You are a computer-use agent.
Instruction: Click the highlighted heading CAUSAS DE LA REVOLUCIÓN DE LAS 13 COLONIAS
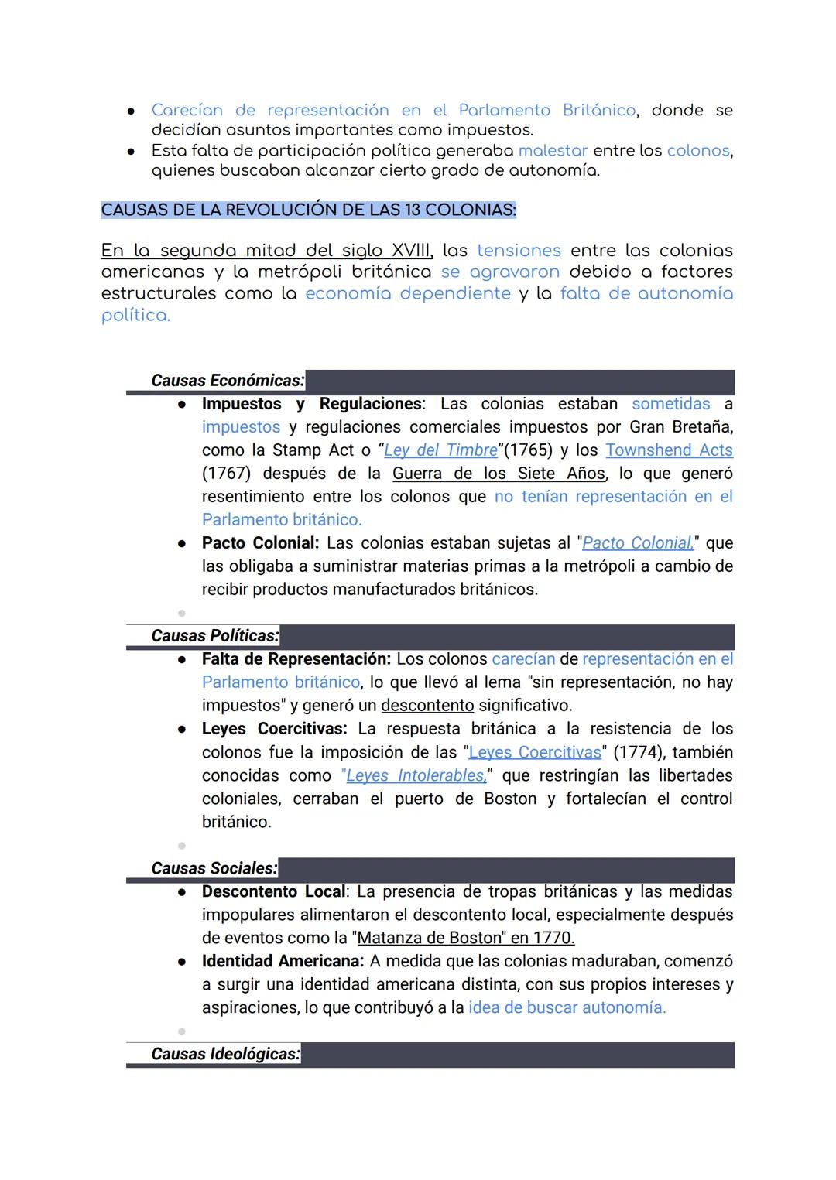[308, 210]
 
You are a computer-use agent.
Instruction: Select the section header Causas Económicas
[227, 381]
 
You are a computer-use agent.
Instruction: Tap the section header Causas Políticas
[214, 636]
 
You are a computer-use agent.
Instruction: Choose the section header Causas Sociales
[214, 868]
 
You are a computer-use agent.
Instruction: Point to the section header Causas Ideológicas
[225, 1054]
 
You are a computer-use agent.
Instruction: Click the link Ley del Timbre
[440, 450]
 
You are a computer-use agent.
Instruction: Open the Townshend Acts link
[669, 450]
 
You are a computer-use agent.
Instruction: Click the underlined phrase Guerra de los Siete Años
[499, 474]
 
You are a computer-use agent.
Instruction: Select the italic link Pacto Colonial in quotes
[637, 543]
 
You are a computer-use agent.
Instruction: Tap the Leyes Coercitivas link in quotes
[535, 752]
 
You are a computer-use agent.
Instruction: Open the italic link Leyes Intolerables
[415, 775]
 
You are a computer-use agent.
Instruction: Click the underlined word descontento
[427, 706]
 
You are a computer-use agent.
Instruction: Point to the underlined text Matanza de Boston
[430, 938]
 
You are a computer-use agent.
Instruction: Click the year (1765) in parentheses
[529, 450]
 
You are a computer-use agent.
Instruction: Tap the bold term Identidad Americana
[283, 961]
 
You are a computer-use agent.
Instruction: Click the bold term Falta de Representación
[296, 659]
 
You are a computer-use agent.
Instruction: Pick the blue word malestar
[553, 150]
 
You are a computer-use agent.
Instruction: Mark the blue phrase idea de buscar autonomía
[567, 1007]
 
